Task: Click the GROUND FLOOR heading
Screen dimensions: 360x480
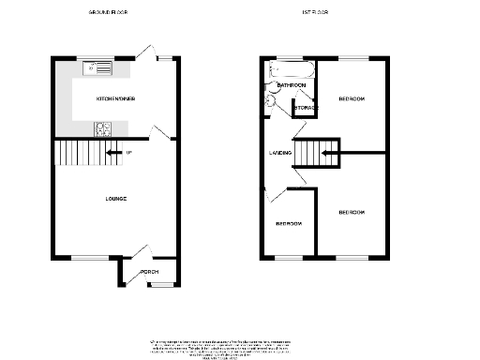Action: tap(108, 13)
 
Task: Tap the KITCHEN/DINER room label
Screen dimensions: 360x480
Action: tap(115, 97)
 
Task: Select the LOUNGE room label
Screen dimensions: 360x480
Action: tap(116, 199)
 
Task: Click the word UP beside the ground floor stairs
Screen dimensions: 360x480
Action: tap(128, 152)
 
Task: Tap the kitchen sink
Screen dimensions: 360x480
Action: tap(97, 67)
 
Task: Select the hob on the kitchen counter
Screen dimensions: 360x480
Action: tap(101, 129)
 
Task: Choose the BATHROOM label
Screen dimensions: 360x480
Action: tap(292, 85)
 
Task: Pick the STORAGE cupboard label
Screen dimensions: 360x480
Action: tap(306, 109)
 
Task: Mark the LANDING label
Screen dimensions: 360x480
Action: tap(279, 153)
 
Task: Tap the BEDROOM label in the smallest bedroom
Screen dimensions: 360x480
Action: tap(289, 224)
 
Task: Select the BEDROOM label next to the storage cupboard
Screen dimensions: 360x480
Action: tap(352, 97)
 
